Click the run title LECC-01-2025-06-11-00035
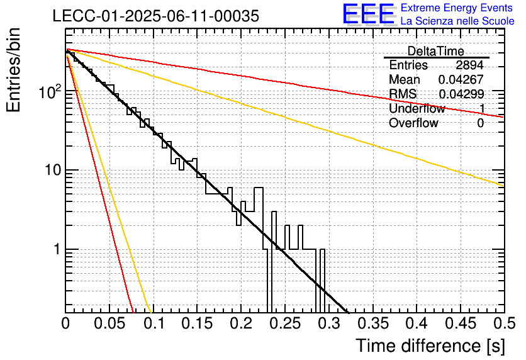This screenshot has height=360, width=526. [156, 16]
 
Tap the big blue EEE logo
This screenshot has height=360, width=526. [369, 14]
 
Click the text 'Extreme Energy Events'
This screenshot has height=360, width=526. [457, 8]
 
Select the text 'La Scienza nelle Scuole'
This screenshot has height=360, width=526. [457, 21]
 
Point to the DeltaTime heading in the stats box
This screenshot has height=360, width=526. [436, 51]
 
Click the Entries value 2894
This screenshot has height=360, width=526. [469, 65]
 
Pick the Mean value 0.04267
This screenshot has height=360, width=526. [461, 79]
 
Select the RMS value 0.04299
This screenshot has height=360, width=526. [461, 94]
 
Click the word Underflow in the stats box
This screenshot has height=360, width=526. [417, 108]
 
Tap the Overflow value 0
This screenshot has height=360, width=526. [480, 123]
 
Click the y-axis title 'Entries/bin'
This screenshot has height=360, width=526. [14, 70]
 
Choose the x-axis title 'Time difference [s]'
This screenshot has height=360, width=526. [430, 346]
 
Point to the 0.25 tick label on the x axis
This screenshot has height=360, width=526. [285, 323]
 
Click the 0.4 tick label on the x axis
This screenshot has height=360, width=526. [417, 323]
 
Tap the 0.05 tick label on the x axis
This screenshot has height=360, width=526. [109, 323]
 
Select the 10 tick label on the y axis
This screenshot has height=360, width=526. [53, 170]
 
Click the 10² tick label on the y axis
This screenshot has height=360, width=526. [50, 91]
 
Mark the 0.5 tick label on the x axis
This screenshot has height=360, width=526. [504, 323]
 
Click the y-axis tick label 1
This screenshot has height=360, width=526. [57, 249]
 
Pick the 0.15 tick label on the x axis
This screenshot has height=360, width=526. [198, 323]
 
